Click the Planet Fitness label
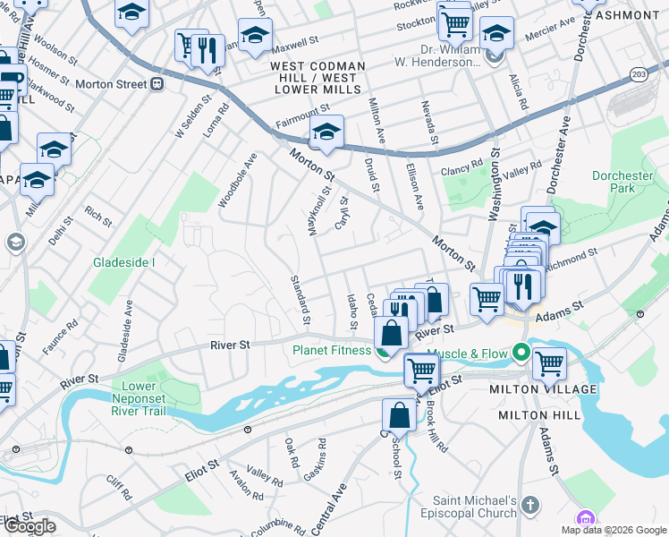[331, 350]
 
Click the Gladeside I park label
[124, 262]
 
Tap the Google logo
[30, 526]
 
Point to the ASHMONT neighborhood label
[627, 15]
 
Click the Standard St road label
[301, 300]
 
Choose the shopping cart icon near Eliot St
[421, 368]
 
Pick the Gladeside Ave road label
[130, 324]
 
